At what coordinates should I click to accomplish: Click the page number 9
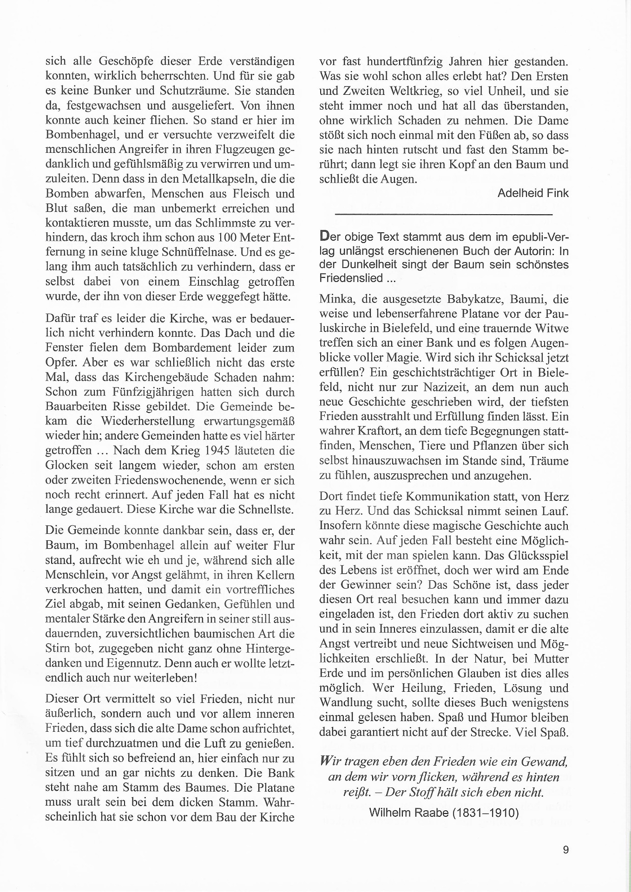pos(565,850)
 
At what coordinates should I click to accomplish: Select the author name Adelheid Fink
pos(532,193)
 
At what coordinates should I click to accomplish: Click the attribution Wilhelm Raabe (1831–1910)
pos(443,813)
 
